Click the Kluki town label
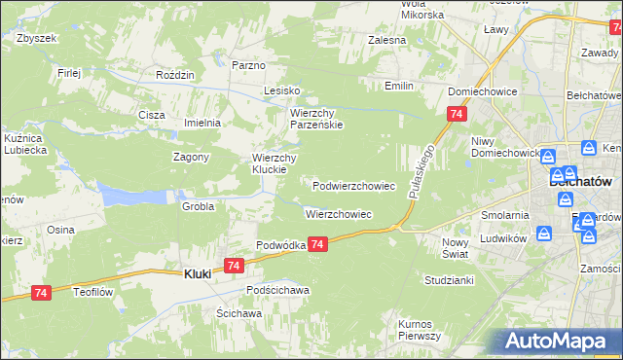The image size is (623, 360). tap(199, 274)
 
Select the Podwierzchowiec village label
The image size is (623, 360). tap(353, 185)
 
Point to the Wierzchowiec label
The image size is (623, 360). tap(339, 213)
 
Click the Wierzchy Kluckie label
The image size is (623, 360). tap(274, 164)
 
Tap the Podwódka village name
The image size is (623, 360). tap(281, 245)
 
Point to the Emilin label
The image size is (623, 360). tap(399, 87)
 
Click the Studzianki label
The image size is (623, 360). tap(449, 279)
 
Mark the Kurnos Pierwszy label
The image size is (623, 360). tap(420, 329)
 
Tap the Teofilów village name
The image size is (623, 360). tap(95, 289)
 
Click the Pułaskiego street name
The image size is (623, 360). tap(421, 172)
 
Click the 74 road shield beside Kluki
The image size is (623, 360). tap(233, 265)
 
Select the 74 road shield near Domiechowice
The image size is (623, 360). tap(456, 115)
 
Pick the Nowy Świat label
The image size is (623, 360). tap(455, 247)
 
